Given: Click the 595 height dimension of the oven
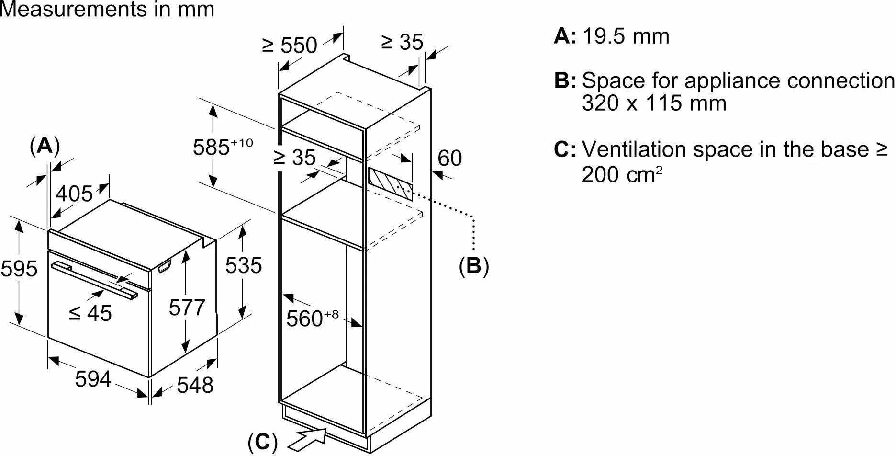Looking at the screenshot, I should [19, 269].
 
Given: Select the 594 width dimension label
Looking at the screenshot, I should [93, 379].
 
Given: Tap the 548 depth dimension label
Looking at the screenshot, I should [195, 385].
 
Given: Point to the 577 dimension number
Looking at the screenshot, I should [187, 307].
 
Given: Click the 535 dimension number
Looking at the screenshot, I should [244, 265].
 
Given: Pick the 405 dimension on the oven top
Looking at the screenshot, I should [74, 194].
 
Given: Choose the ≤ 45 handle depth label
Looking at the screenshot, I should [90, 313].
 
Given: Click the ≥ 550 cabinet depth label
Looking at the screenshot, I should [290, 45].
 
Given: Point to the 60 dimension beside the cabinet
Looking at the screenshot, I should [450, 158].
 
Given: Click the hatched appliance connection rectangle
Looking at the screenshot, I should [390, 183].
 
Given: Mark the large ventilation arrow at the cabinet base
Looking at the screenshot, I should [309, 438].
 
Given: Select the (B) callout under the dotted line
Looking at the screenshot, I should [474, 265].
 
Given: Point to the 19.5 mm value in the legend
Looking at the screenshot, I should [626, 36].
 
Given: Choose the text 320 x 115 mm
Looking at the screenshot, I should [654, 103].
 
